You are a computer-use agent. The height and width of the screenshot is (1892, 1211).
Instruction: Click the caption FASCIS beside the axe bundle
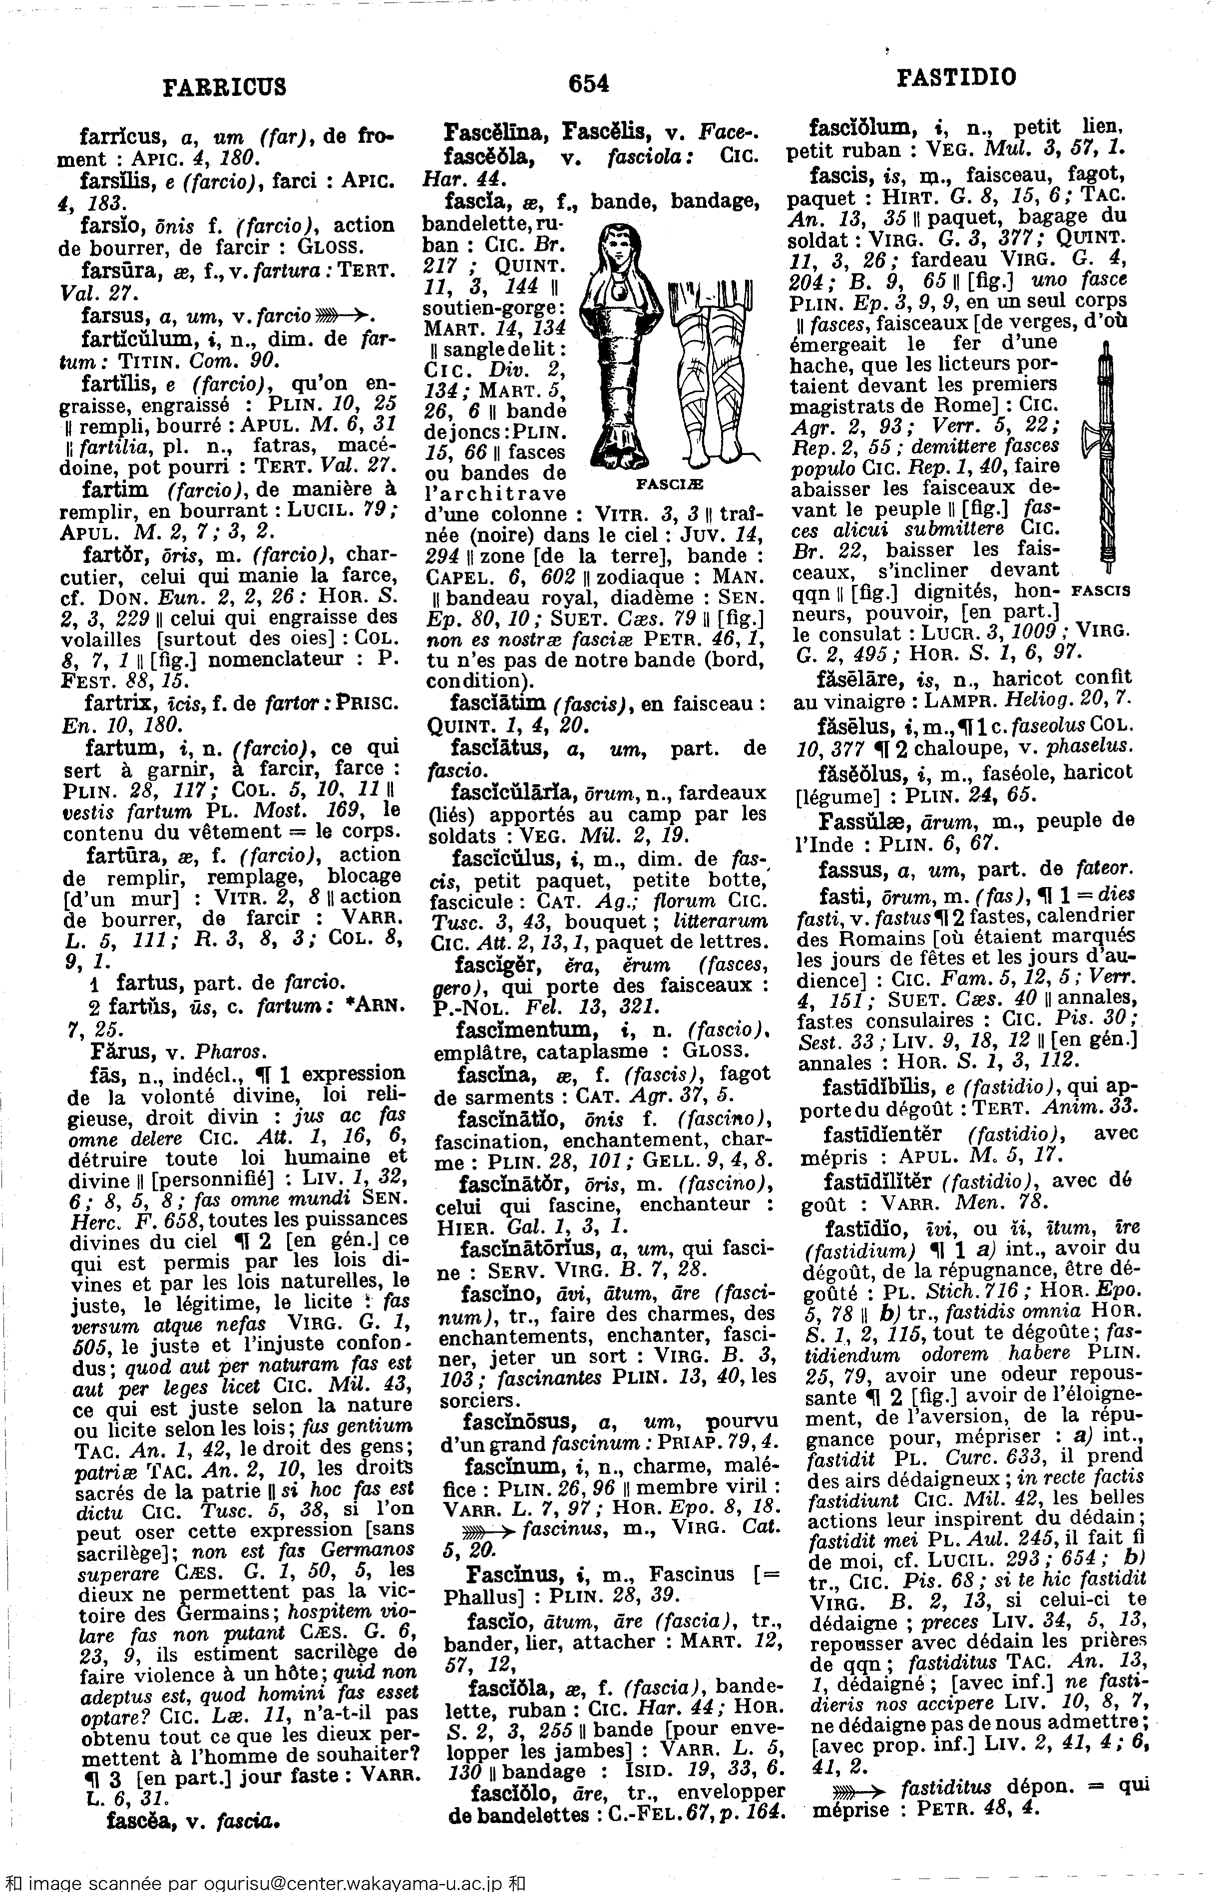point(1101,589)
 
